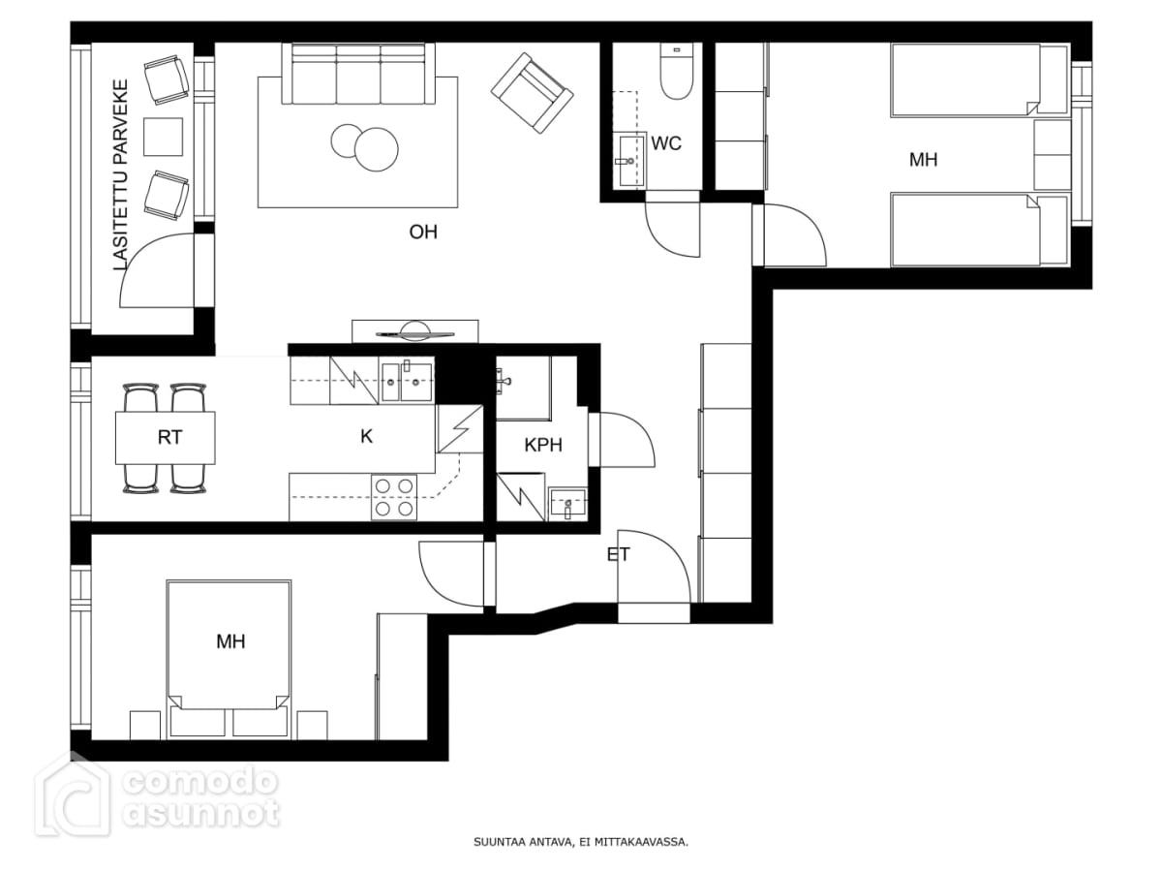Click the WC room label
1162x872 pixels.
pyautogui.click(x=666, y=143)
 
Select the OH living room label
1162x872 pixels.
pyautogui.click(x=423, y=232)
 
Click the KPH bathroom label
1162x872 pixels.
pyautogui.click(x=543, y=445)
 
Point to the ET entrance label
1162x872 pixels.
pyautogui.click(x=619, y=554)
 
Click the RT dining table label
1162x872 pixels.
pyautogui.click(x=169, y=437)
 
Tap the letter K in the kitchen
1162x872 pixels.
pyautogui.click(x=366, y=436)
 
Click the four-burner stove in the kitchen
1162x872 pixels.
pyautogui.click(x=394, y=498)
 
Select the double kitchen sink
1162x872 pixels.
pyautogui.click(x=407, y=381)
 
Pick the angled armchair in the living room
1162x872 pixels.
pyautogui.click(x=532, y=93)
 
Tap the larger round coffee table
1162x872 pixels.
pyautogui.click(x=377, y=149)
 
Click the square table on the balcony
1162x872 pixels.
pyautogui.click(x=163, y=137)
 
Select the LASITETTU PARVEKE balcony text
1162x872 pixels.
pyautogui.click(x=121, y=174)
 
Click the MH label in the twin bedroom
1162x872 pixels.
pyautogui.click(x=923, y=159)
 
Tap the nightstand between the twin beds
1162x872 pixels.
pyautogui.click(x=1053, y=155)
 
